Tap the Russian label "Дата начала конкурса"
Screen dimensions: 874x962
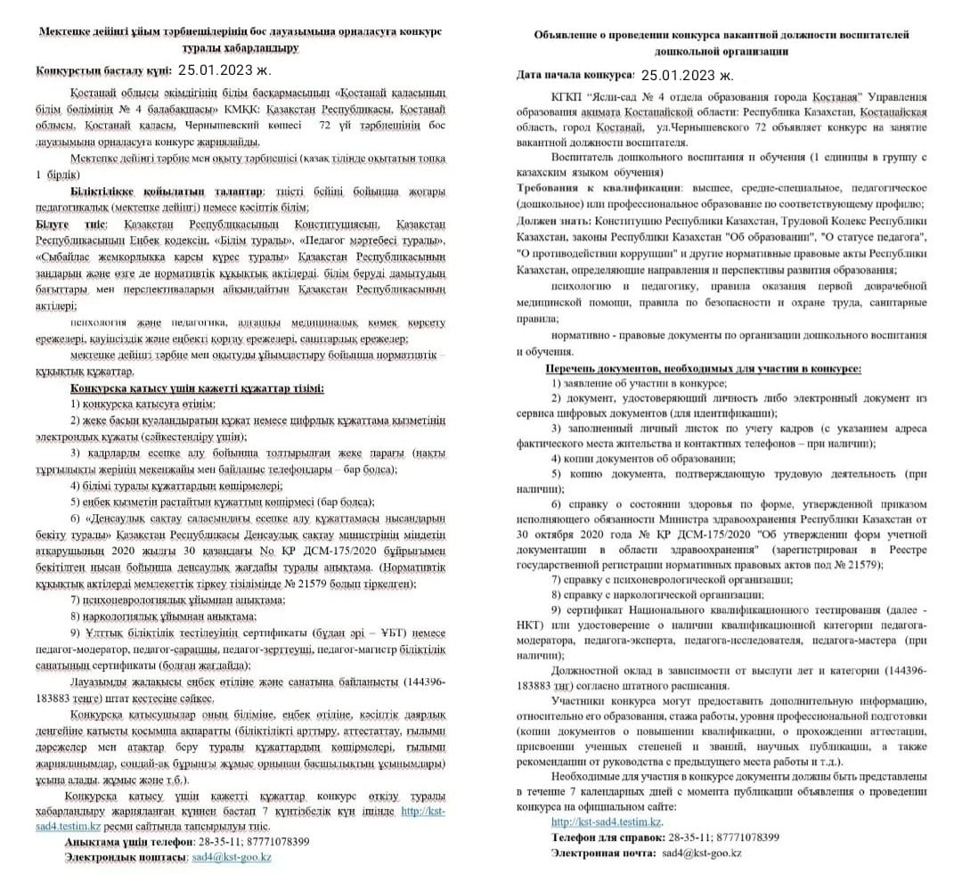point(575,77)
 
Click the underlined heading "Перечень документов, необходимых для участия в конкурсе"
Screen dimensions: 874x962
point(703,368)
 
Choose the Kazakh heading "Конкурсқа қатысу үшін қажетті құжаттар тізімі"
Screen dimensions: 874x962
point(196,388)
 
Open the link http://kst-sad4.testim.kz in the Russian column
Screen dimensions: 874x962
point(607,821)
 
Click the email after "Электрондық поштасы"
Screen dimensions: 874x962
point(232,857)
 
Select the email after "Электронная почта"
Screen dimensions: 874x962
point(701,854)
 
